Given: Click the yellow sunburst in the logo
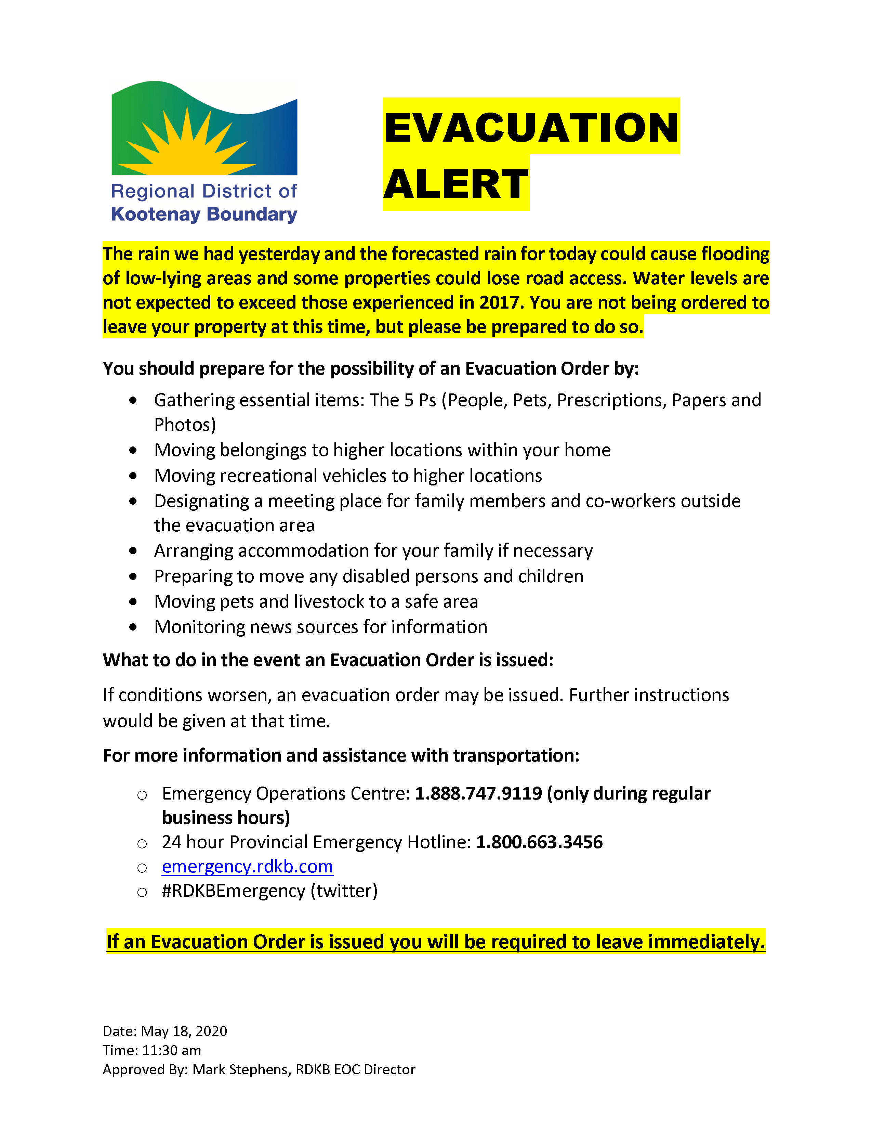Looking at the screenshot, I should pos(188,150).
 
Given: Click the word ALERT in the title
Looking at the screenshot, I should pos(455,184).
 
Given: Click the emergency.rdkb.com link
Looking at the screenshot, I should pos(248,866).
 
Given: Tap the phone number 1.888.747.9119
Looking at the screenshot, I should pos(478,793).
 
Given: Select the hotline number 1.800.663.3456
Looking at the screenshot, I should pos(539,842).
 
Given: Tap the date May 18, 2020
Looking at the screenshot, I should pos(184,1031).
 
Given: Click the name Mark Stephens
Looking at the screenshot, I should pos(240,1069).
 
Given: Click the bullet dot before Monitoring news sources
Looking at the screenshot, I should pos(133,627).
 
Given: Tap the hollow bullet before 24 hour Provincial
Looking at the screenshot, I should pos(142,844).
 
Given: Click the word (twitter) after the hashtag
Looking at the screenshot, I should pos(344,891).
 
